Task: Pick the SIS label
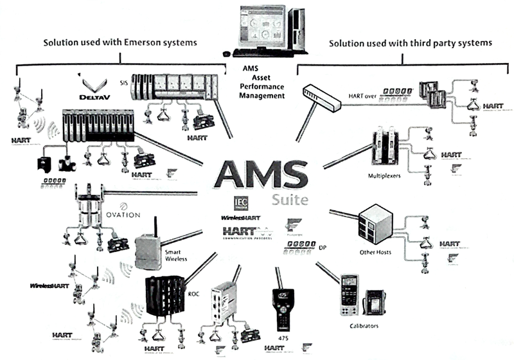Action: click(124, 83)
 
